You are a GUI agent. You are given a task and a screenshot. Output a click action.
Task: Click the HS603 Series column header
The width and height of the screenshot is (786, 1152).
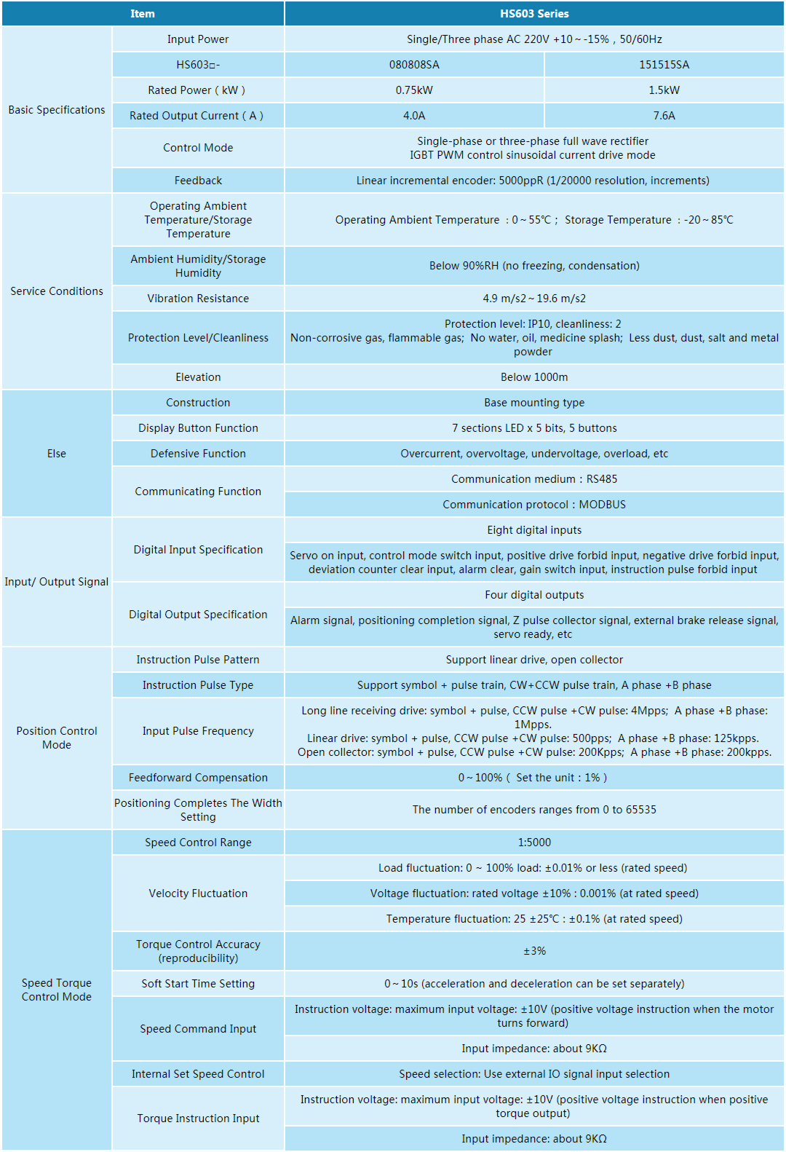[534, 14]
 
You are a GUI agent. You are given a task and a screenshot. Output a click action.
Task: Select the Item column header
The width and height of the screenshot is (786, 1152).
[143, 14]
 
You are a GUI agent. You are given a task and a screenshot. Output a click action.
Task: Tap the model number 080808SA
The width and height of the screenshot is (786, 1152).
[414, 65]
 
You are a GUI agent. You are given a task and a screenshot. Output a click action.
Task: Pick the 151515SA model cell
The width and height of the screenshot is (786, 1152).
[664, 65]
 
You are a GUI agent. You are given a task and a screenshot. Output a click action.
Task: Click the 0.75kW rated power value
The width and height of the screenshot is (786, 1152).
[414, 90]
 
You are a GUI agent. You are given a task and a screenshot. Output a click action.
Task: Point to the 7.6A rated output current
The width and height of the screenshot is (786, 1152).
[664, 116]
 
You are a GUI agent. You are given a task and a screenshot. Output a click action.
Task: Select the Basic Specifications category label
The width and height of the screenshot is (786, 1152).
[57, 110]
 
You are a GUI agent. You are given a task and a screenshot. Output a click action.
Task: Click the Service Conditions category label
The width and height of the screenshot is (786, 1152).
[57, 291]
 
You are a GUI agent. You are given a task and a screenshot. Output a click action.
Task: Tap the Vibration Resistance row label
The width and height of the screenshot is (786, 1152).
[198, 299]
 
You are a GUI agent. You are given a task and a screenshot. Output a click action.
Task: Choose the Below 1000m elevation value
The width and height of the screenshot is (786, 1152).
[534, 377]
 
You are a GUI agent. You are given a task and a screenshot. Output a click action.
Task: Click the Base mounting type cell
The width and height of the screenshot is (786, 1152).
[534, 403]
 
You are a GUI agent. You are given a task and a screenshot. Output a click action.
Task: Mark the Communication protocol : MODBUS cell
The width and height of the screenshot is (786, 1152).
[534, 505]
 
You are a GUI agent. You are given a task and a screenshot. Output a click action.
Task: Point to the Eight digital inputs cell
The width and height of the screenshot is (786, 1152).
[534, 530]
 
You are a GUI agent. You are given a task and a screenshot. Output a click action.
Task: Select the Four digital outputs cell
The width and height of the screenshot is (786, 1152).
[534, 595]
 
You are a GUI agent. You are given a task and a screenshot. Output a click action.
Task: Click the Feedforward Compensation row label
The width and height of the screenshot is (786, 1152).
[198, 778]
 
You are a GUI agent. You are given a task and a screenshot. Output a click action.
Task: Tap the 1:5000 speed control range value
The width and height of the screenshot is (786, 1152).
[534, 843]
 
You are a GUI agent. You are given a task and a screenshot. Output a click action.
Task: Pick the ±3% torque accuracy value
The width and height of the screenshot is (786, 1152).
[534, 951]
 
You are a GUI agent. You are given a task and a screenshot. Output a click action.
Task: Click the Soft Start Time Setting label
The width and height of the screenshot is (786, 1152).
[198, 984]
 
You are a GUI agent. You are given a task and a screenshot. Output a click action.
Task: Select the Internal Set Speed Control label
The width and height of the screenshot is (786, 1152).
[198, 1074]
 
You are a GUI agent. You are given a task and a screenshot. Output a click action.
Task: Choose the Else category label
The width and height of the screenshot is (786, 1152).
[57, 454]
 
